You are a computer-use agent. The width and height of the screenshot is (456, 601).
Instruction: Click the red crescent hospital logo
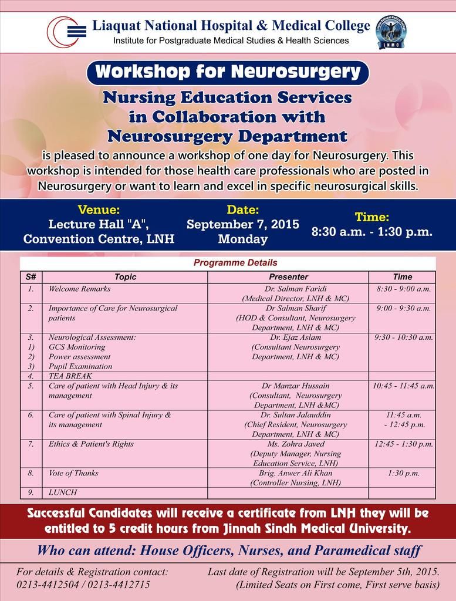click(x=65, y=31)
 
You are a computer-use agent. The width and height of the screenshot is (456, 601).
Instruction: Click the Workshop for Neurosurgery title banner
click(x=228, y=72)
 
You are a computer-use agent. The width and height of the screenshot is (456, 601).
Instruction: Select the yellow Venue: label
click(x=99, y=210)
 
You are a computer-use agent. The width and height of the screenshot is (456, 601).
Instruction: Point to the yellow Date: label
click(x=242, y=210)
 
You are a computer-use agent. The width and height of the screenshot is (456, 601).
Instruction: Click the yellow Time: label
click(x=371, y=217)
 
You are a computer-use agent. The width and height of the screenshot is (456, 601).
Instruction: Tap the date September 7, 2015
click(x=242, y=224)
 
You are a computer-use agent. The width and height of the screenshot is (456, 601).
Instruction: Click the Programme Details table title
click(x=235, y=263)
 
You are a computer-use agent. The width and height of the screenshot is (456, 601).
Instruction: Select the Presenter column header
click(x=288, y=276)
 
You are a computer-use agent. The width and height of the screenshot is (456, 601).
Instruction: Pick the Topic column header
click(x=125, y=276)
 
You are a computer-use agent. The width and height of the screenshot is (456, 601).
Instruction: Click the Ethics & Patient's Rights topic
click(x=91, y=444)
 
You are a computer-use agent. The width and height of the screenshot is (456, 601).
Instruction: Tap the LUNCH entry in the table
click(x=63, y=492)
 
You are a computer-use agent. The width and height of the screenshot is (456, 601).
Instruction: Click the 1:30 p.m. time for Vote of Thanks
click(x=403, y=472)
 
